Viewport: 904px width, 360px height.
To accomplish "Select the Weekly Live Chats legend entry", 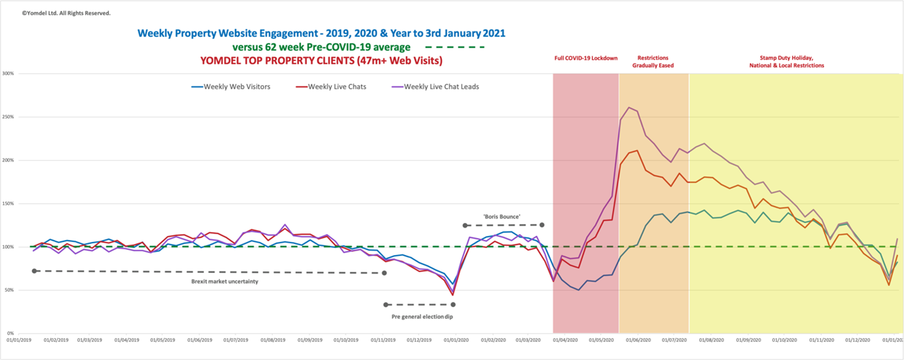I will point(333,87).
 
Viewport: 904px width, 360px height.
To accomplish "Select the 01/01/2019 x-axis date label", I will point(18,340).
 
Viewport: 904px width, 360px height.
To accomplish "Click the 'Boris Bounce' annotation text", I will point(501,216).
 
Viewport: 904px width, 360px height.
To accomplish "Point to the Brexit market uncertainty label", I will point(225,281).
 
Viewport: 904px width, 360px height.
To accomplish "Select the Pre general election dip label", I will point(419,316).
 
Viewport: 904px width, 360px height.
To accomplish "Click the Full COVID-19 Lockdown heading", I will point(586,58).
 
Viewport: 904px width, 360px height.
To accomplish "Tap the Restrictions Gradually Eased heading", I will point(653,62).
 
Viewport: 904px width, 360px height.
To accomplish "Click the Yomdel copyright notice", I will point(57,12).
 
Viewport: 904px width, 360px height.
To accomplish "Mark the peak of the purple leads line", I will point(630,108).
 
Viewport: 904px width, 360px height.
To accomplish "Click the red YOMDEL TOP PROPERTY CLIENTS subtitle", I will point(321,61).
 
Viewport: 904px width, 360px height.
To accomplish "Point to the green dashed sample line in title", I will point(455,47).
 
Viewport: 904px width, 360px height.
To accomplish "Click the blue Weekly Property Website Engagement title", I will point(321,33).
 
